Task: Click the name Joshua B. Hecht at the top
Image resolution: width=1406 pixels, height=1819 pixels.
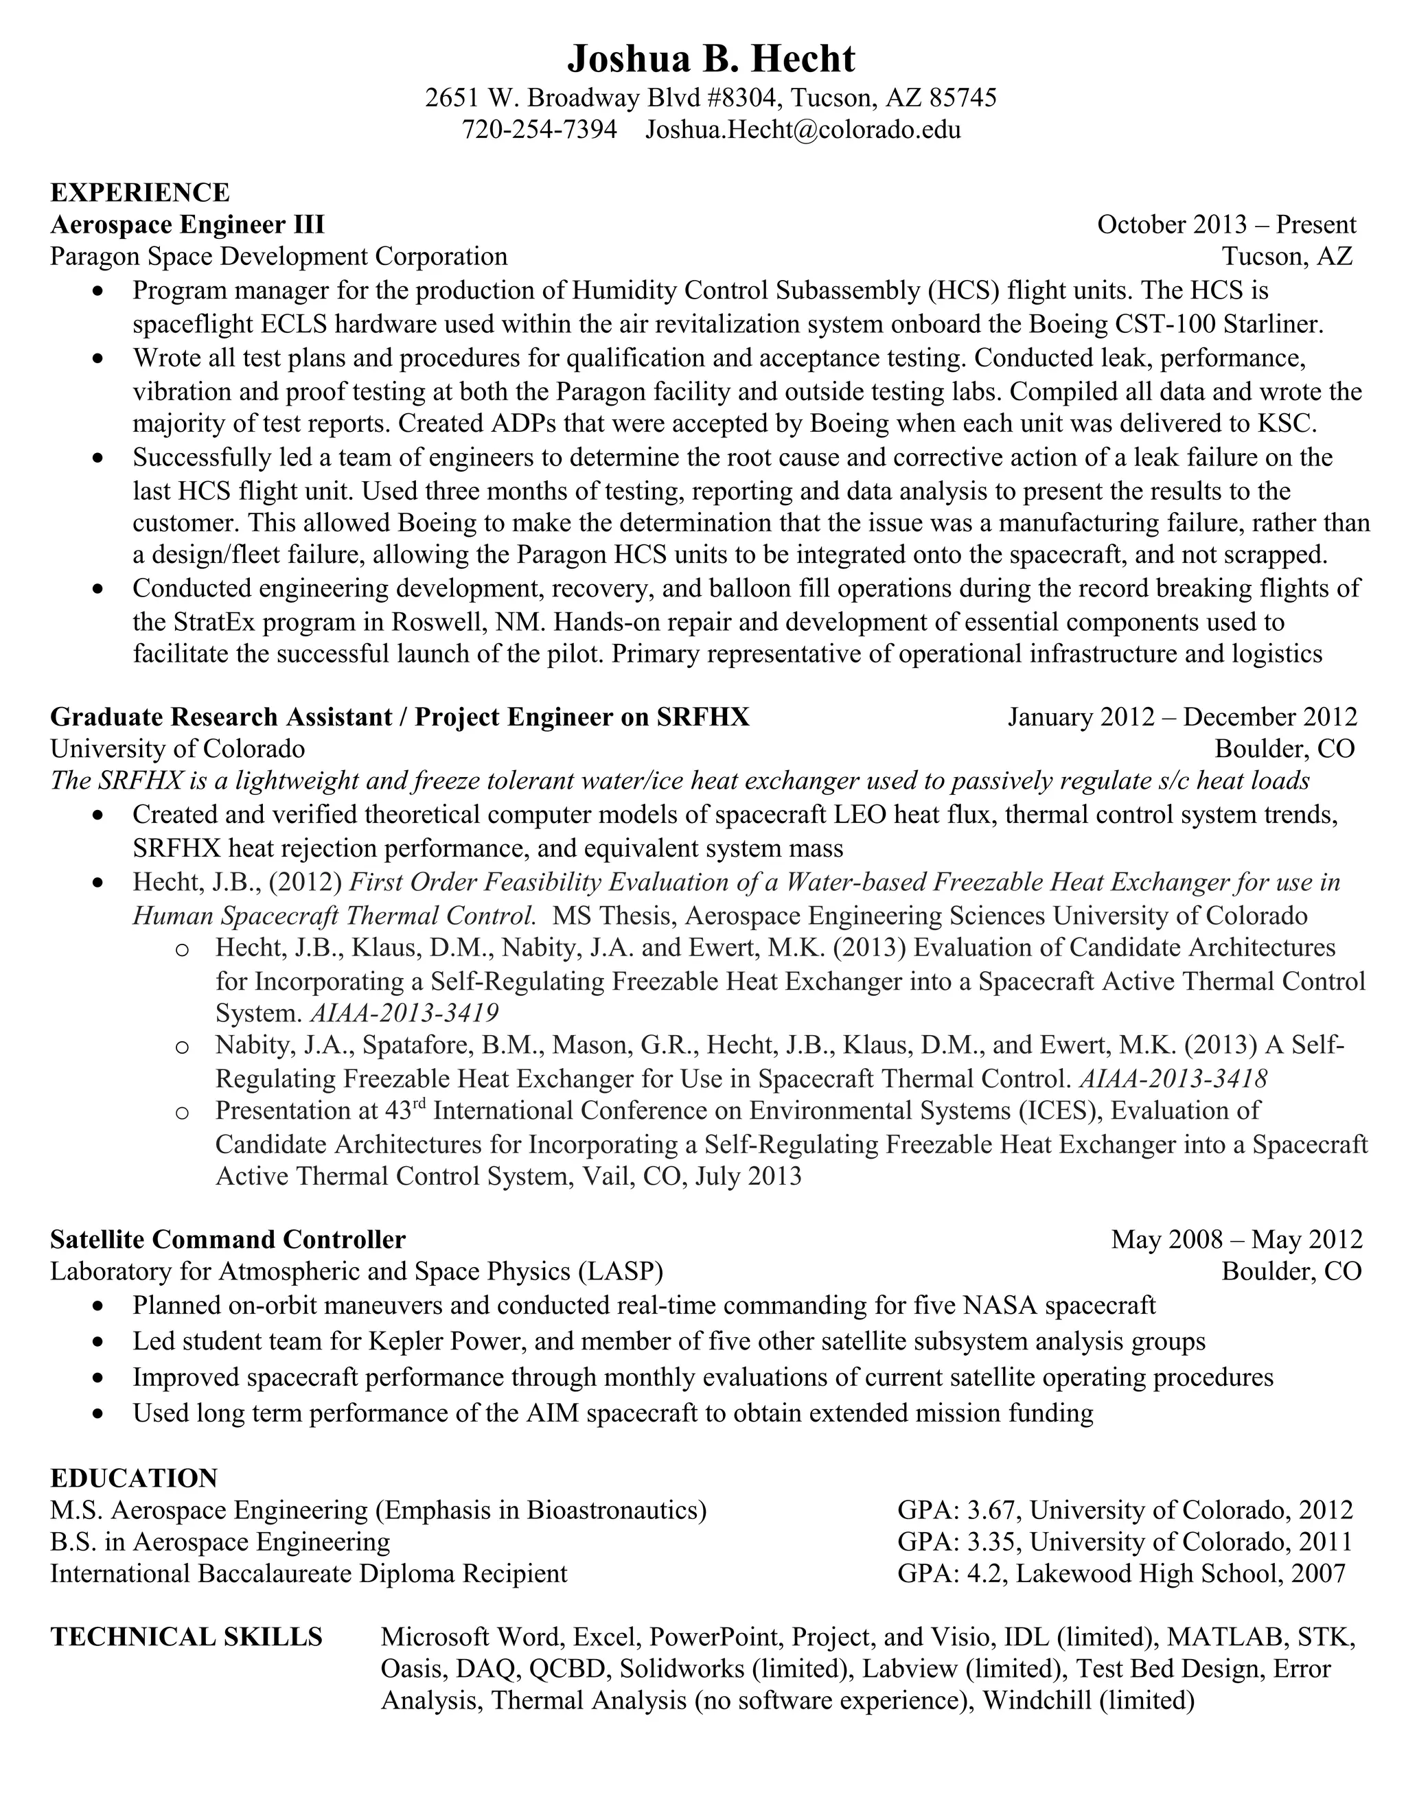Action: [711, 59]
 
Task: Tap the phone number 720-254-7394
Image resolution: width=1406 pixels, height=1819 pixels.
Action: [539, 129]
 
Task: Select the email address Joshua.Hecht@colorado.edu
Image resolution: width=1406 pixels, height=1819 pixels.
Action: [803, 129]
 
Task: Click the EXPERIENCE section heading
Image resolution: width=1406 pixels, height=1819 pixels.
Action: [139, 192]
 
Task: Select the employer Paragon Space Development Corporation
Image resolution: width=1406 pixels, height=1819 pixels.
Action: [278, 256]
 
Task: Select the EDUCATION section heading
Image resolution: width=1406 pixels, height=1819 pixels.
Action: [133, 1479]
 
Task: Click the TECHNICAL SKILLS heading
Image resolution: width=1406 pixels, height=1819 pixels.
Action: [186, 1636]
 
